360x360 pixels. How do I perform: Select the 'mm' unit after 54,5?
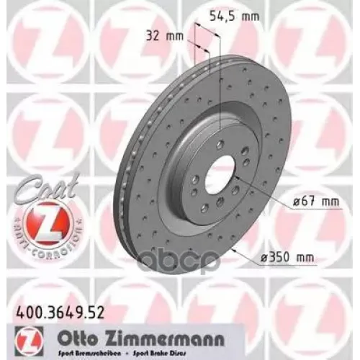[x=249, y=14]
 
